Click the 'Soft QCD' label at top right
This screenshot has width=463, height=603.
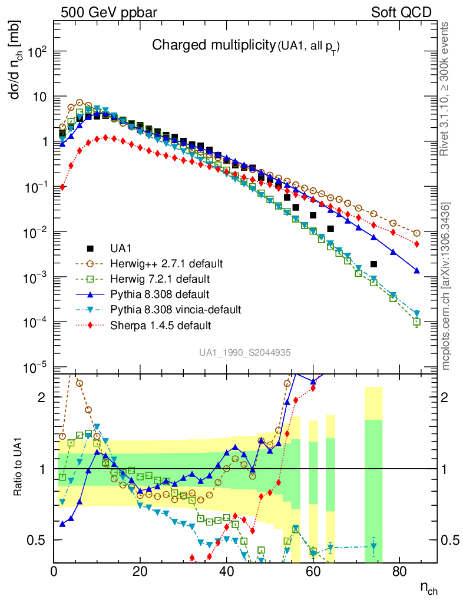(401, 12)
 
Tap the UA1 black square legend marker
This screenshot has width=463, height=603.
(90, 249)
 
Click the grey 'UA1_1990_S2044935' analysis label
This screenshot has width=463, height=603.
(244, 352)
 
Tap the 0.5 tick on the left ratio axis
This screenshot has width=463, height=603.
(38, 540)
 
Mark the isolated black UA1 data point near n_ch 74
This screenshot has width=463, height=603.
(373, 264)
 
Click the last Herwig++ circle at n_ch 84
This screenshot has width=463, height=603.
(416, 233)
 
